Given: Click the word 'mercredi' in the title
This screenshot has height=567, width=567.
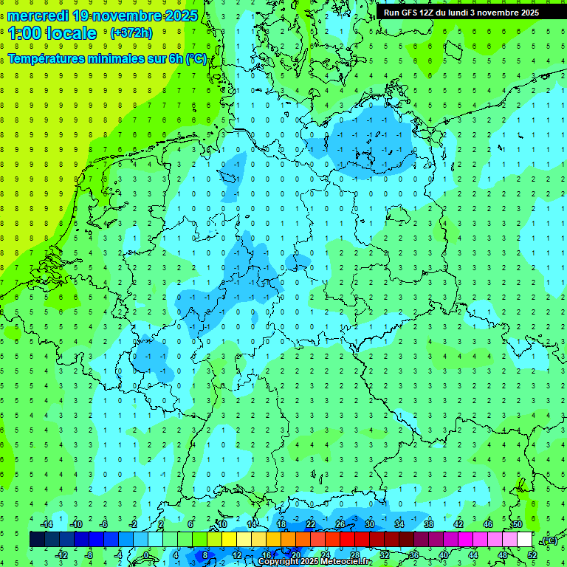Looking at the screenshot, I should (38, 16).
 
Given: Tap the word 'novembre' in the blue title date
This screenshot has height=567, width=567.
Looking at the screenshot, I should (126, 16).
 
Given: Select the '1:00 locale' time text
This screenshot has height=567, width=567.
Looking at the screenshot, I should (52, 33).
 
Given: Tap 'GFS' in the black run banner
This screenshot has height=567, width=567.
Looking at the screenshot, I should (410, 13).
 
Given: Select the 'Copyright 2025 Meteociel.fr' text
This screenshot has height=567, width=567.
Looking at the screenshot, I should (315, 562).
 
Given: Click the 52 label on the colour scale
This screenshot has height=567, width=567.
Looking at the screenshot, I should (532, 554).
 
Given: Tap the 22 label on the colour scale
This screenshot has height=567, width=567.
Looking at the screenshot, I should (311, 524).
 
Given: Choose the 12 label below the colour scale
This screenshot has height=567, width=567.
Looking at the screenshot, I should (237, 554).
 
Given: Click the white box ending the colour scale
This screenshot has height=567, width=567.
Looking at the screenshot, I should (525, 539).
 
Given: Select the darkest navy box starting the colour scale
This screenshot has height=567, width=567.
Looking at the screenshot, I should (38, 539).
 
